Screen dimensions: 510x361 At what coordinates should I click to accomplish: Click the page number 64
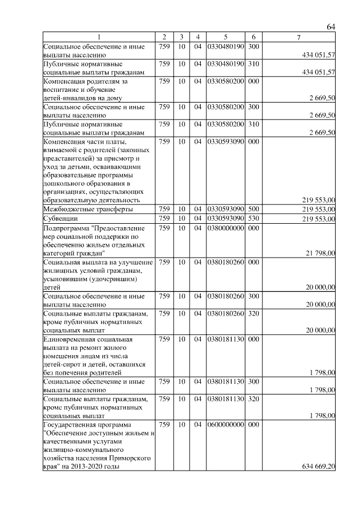pyautogui.click(x=331, y=27)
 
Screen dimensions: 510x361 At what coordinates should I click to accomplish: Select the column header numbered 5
pyautogui.click(x=225, y=37)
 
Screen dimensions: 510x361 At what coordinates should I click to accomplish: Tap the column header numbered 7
pyautogui.click(x=298, y=37)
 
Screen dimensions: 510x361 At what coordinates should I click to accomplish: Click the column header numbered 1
pyautogui.click(x=99, y=37)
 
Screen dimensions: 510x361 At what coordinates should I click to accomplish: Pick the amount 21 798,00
pyautogui.click(x=320, y=254)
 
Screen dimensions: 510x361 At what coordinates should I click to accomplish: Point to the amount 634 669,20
pyautogui.click(x=319, y=467)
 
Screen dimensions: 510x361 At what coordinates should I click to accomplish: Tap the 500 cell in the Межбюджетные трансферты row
pyautogui.click(x=253, y=209)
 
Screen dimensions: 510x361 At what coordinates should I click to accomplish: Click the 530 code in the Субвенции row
pyautogui.click(x=253, y=218)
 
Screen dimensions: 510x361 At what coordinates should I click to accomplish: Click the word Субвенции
pyautogui.click(x=61, y=218)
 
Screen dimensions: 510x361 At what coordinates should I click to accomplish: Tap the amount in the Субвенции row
pyautogui.click(x=320, y=219)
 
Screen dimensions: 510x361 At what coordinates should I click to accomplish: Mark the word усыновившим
pyautogui.click(x=64, y=279)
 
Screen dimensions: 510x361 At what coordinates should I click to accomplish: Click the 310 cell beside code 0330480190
pyautogui.click(x=253, y=64)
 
